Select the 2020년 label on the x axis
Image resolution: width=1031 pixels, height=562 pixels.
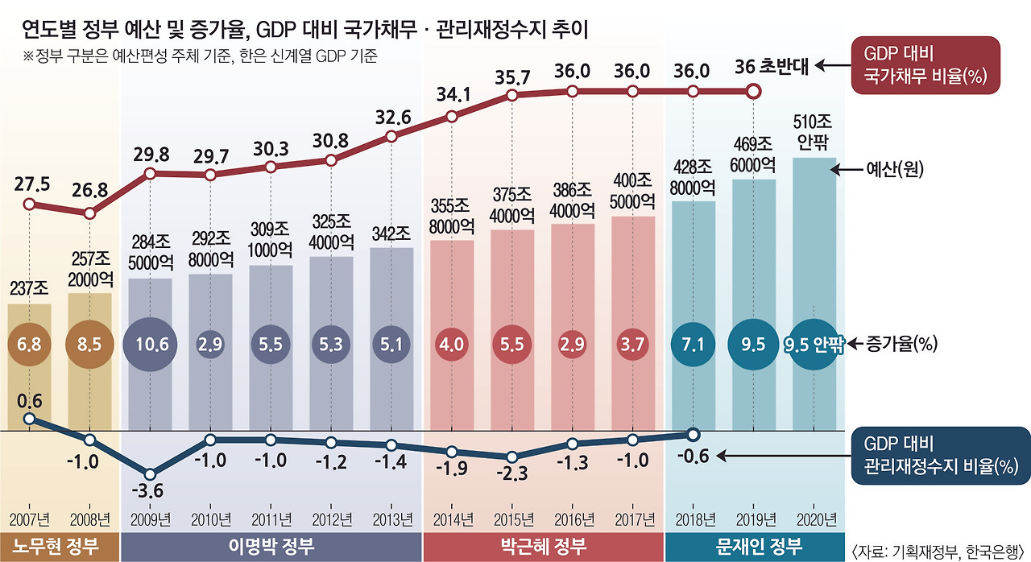tap(815, 518)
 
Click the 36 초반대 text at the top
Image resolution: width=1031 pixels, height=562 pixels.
tap(774, 70)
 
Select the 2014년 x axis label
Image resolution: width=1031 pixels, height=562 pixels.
tap(453, 518)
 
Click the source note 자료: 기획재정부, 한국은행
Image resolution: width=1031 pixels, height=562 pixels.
tap(938, 550)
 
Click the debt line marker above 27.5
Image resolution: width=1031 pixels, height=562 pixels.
tap(30, 204)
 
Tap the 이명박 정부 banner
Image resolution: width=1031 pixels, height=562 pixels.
tap(271, 548)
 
